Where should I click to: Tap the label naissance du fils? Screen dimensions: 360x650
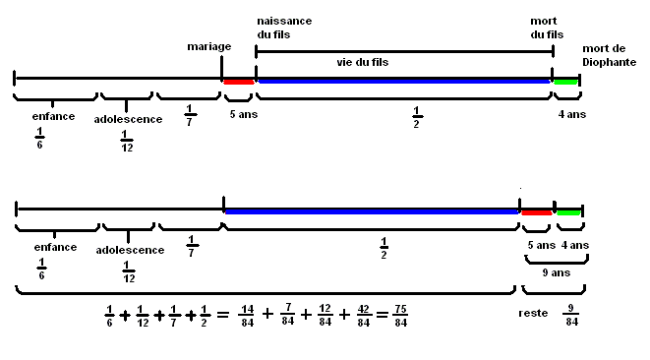[284, 28]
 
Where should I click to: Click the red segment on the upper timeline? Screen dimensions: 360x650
[239, 82]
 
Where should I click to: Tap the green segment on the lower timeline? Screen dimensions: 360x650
[568, 211]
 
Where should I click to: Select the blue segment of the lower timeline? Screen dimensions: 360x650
[372, 210]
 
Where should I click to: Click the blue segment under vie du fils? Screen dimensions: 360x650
[403, 81]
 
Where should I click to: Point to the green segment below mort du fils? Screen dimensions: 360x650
[564, 81]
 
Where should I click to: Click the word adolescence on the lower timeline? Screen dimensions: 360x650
[130, 250]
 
